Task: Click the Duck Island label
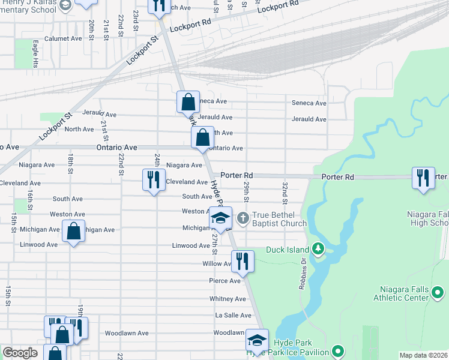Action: pyautogui.click(x=287, y=249)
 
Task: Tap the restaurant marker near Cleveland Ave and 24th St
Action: pyautogui.click(x=154, y=180)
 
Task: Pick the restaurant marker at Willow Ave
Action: pyautogui.click(x=243, y=261)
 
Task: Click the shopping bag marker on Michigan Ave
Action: pyautogui.click(x=73, y=232)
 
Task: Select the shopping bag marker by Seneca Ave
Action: pyautogui.click(x=188, y=102)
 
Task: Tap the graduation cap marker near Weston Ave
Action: pyautogui.click(x=220, y=218)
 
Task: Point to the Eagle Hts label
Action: pyautogui.click(x=35, y=53)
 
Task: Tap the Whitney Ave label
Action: pyautogui.click(x=228, y=299)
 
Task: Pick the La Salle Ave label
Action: pyautogui.click(x=230, y=316)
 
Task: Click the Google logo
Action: pyautogui.click(x=20, y=353)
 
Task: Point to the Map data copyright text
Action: pyautogui.click(x=423, y=355)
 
